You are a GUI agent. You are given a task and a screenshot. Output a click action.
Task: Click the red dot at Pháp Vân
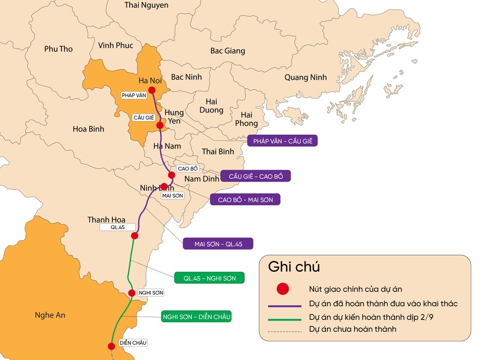tap(152, 90)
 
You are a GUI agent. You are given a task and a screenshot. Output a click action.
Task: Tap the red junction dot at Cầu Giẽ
tap(160, 125)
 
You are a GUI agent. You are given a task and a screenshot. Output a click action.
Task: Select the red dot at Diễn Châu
tap(111, 346)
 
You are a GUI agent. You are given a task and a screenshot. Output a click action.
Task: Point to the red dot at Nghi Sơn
tap(132, 293)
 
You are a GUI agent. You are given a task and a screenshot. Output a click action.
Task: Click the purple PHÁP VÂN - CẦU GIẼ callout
tap(283, 141)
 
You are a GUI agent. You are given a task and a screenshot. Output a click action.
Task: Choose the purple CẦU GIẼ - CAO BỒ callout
tap(255, 176)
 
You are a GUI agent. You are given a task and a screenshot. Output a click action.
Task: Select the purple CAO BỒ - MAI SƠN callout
tap(245, 200)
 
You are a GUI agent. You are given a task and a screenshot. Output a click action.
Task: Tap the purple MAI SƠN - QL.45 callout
tap(218, 243)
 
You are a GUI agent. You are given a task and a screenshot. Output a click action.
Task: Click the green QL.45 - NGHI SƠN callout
tap(209, 278)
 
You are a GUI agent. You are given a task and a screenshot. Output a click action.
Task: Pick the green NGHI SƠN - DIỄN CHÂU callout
tap(196, 317)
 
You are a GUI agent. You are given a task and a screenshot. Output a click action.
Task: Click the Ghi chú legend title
tap(294, 267)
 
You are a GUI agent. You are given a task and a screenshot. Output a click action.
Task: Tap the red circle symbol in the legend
tap(283, 289)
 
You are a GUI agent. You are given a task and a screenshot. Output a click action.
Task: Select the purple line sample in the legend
tap(285, 306)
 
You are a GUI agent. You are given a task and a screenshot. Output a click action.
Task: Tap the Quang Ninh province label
tap(306, 78)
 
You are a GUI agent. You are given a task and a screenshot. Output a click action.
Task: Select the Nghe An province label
tap(50, 315)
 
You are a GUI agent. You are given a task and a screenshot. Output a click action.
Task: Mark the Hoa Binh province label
tap(88, 129)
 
